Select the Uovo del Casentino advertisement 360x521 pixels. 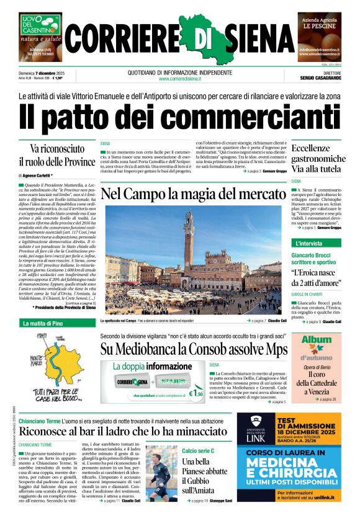point(40,37)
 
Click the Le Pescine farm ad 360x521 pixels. point(320,37)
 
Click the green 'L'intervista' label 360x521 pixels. point(309,243)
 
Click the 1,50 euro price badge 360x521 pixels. point(197,393)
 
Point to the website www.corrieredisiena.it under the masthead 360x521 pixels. point(180,79)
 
